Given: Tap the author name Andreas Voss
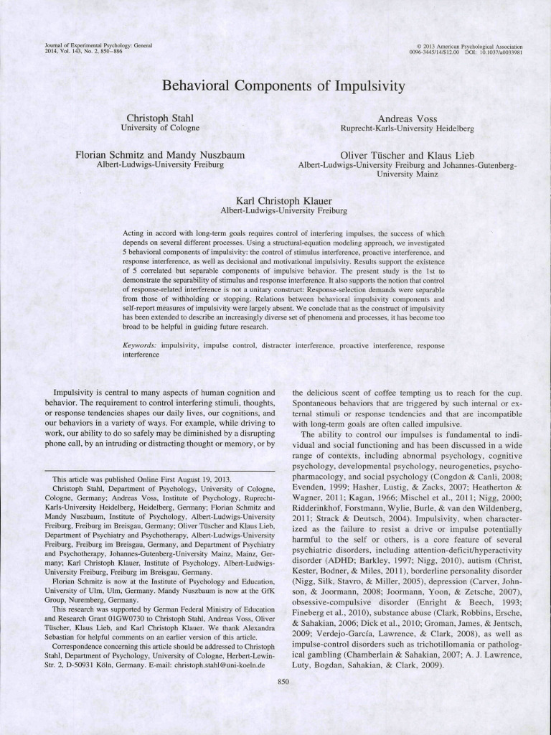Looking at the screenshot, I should point(407,118).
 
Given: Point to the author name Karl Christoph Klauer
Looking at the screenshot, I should point(285,201).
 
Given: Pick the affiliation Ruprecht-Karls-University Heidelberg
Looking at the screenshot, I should point(407,128).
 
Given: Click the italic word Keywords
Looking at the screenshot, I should point(140,345).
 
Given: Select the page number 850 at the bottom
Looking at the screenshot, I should point(282,681).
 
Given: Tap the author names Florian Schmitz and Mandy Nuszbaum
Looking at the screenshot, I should point(161,155).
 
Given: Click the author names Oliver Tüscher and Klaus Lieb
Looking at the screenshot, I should point(407,155).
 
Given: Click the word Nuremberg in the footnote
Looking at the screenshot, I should point(84,599).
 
